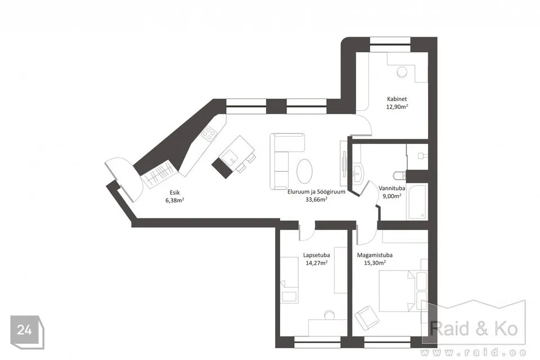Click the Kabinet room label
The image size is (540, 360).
coord(397,99)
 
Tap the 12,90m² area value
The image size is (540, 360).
coord(397,107)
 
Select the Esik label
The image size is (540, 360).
coord(174,193)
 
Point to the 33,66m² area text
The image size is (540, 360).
coord(316,199)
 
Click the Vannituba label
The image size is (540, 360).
coord(392,188)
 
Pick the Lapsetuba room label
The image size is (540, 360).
coord(317,255)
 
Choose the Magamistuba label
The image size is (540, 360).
coord(375,255)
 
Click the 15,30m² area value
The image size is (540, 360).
coord(375,263)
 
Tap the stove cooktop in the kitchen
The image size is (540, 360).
coord(209,134)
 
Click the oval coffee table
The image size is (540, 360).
coord(305,171)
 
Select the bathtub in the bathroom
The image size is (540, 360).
coord(417,201)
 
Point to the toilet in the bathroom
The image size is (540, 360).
coord(399,175)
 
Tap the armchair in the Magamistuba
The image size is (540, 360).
coord(367,317)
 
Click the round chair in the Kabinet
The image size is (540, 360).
coord(402,72)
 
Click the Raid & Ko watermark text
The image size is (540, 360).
coord(474,328)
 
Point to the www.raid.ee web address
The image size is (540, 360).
coord(474,353)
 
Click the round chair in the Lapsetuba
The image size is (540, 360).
coord(329,315)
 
